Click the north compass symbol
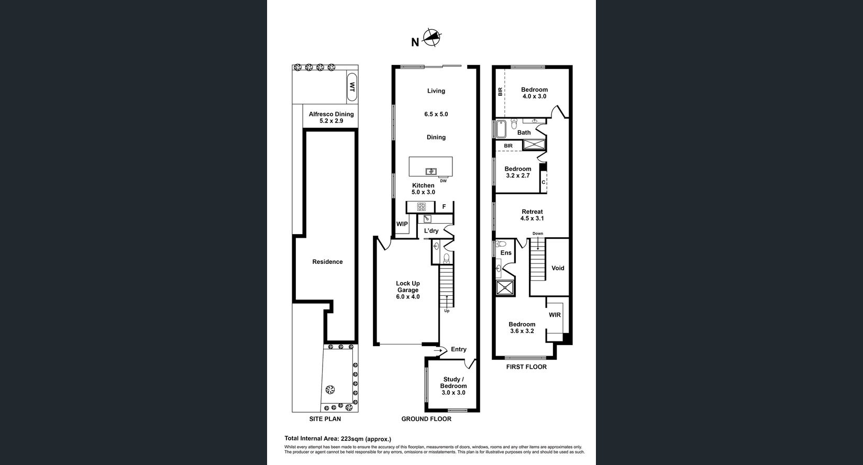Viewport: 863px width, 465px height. point(431,38)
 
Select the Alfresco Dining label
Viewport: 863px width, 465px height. point(331,117)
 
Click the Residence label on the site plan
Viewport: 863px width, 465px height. point(327,262)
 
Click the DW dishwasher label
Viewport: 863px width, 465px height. point(443,181)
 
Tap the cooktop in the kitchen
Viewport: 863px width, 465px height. point(421,207)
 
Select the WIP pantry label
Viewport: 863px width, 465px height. point(402,224)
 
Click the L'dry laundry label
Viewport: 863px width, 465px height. point(431,231)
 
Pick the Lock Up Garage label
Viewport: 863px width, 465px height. point(407,290)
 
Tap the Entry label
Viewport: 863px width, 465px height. point(458,349)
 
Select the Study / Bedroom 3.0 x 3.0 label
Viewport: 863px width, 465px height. point(453,386)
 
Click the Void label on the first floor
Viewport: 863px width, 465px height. point(558,268)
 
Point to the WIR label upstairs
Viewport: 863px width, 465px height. point(555,315)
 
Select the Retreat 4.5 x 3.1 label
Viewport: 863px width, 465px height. point(532,215)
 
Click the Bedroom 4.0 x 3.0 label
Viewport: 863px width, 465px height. point(534,93)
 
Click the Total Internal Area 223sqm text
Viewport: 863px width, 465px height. point(337,439)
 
